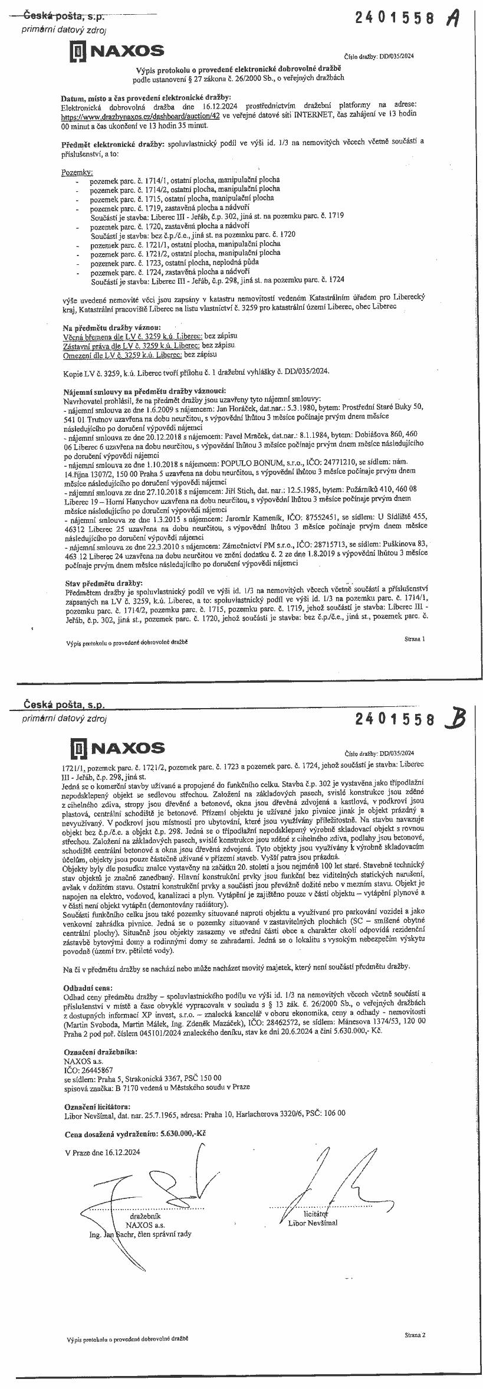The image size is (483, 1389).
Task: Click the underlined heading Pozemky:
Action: pyautogui.click(x=77, y=172)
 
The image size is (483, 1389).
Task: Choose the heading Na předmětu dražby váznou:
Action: pyautogui.click(x=111, y=327)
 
